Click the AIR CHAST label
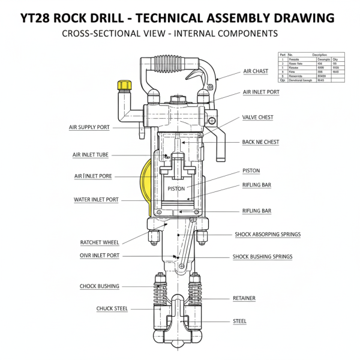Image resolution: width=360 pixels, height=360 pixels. tap(256, 71)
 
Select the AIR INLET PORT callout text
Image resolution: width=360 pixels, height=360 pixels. tap(261, 92)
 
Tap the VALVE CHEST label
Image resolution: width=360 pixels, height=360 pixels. tap(257, 117)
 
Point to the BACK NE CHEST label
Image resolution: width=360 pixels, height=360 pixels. tap(260, 142)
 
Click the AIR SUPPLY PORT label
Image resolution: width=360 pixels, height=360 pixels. tap(89, 127)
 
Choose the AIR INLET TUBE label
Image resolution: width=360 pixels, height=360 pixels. tap(91, 155)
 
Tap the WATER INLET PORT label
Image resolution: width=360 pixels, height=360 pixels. tap(96, 199)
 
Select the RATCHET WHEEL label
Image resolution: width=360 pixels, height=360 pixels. tap(100, 242)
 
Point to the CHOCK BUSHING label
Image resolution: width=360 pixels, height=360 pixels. tap(100, 286)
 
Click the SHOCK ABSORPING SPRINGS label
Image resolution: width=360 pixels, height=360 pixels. tap(268, 234)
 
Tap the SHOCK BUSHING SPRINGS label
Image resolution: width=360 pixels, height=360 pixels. tap(262, 257)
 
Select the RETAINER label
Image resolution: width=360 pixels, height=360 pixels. tap(244, 298)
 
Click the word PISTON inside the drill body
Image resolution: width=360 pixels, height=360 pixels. tap(176, 188)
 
